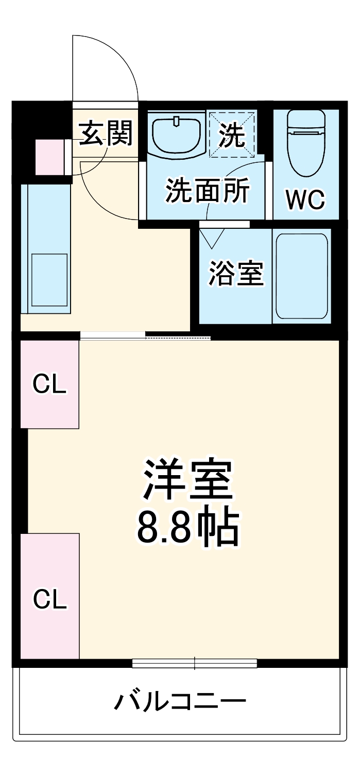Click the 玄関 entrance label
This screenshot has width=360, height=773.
pos(106,133)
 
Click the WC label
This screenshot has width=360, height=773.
pos(305,199)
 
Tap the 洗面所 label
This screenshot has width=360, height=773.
pos(207,191)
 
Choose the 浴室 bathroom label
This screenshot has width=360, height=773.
pos(235,273)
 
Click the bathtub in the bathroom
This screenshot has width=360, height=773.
pos(302,276)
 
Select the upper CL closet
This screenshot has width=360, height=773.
pos(49,384)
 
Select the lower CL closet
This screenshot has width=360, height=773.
pos(49,598)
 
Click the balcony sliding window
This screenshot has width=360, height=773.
pos(194,663)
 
